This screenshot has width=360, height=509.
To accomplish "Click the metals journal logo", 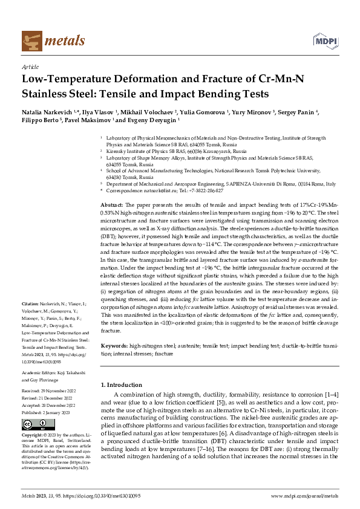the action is click(x=45, y=42).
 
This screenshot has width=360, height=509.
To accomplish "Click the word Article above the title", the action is click(x=30, y=68).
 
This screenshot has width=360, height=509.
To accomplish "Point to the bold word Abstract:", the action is click(x=111, y=206).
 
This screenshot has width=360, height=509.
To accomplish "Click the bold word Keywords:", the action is click(x=114, y=346).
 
